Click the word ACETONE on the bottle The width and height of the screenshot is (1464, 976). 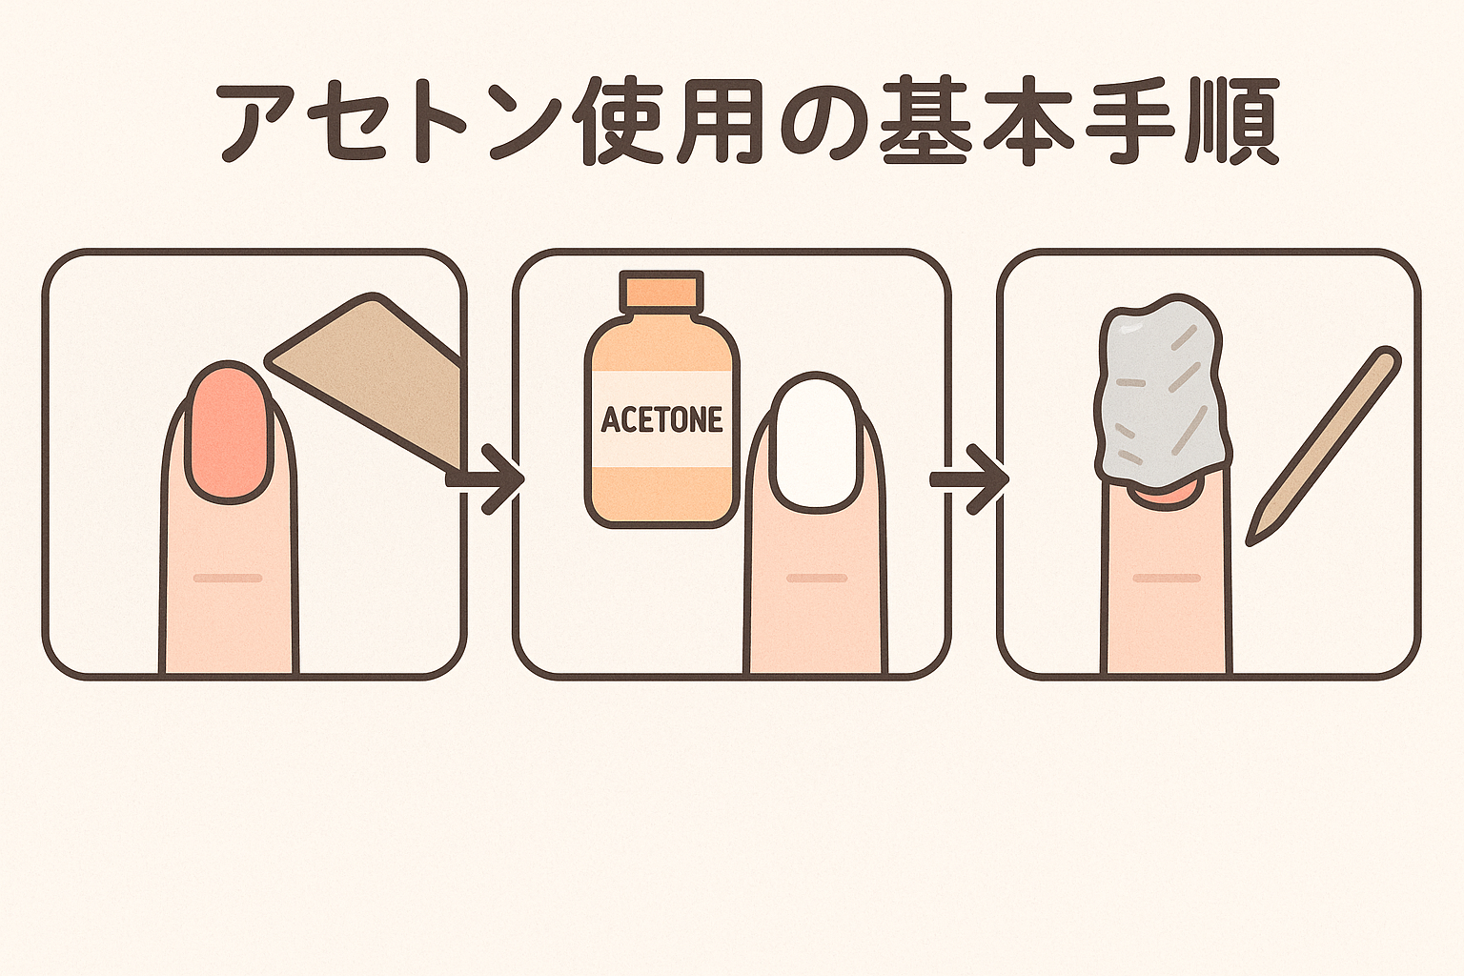[x=661, y=419]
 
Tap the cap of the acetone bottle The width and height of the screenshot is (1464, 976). [x=662, y=288]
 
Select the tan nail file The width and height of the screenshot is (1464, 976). [x=366, y=379]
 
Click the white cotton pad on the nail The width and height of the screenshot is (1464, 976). [x=817, y=442]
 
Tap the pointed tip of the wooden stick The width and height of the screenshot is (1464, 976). [x=1250, y=541]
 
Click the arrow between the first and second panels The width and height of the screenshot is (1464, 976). [x=487, y=479]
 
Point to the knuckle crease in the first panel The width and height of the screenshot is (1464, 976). [x=228, y=578]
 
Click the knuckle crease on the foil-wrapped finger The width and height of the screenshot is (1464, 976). [x=1166, y=578]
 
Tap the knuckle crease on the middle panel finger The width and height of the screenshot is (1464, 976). [x=817, y=578]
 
